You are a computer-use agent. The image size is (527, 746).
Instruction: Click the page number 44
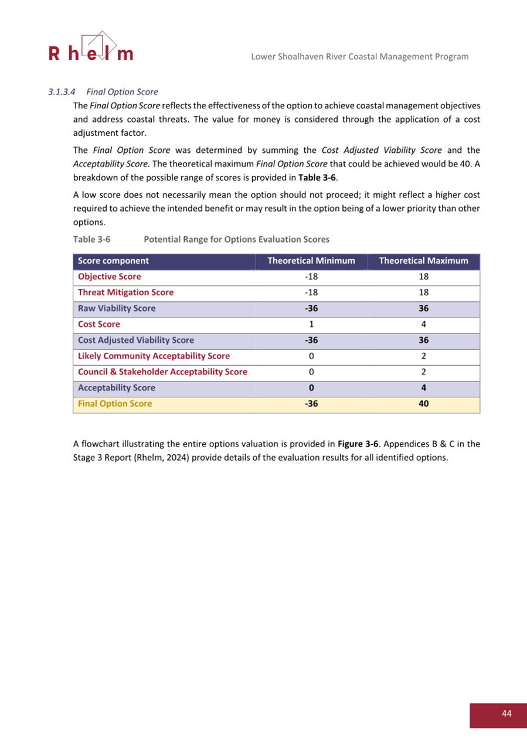(x=506, y=713)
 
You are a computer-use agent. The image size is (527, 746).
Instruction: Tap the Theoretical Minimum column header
(x=311, y=261)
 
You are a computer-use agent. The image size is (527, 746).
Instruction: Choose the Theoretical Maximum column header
(x=423, y=261)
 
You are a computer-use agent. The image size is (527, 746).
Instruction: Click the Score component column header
(x=113, y=261)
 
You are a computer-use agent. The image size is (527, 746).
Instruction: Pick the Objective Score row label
(x=110, y=277)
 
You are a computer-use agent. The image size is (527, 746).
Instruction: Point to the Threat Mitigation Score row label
(x=125, y=292)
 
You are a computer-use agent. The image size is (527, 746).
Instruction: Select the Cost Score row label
(x=99, y=324)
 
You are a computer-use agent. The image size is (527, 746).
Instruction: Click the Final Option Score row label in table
(x=115, y=404)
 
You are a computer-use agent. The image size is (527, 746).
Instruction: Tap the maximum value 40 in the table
(x=423, y=404)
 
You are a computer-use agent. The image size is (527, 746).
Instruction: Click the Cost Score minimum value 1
(x=311, y=324)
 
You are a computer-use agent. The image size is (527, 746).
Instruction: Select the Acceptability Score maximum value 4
(x=423, y=388)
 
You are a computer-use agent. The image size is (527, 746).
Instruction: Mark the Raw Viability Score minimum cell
(x=311, y=308)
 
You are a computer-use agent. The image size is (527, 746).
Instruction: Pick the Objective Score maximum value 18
(x=423, y=277)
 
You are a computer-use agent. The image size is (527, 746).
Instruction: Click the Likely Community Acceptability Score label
(x=154, y=356)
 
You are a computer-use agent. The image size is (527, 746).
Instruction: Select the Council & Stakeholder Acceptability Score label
(x=162, y=372)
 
